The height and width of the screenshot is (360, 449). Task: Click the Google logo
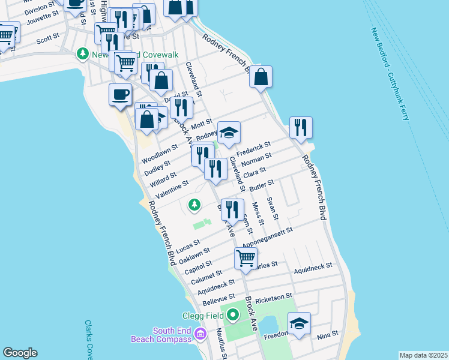click(20, 353)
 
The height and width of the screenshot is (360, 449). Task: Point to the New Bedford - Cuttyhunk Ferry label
click(390, 73)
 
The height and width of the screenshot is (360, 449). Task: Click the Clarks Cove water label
click(89, 339)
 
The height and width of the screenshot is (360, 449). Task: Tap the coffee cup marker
click(120, 95)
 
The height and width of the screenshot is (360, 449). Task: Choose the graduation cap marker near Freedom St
click(299, 324)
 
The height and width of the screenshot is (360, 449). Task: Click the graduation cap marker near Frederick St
click(229, 133)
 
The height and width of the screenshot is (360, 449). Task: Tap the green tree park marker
click(194, 205)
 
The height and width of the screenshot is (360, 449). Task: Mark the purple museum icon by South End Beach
click(201, 334)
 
